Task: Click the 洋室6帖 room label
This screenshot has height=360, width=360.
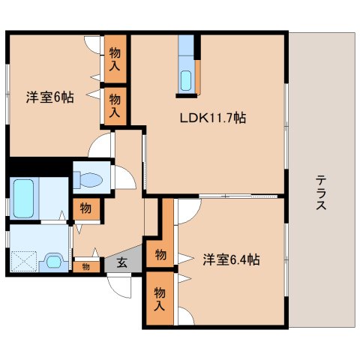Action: pyautogui.click(x=49, y=97)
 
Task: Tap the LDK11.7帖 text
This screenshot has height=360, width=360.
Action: pyautogui.click(x=212, y=118)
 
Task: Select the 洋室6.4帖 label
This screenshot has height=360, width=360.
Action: pyautogui.click(x=231, y=259)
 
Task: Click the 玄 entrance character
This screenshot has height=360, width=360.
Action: pyautogui.click(x=121, y=263)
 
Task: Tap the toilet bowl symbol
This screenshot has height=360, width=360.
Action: pyautogui.click(x=88, y=180)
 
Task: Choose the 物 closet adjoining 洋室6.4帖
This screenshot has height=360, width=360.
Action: pyautogui.click(x=160, y=253)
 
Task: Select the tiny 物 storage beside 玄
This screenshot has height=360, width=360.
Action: pyautogui.click(x=86, y=265)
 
